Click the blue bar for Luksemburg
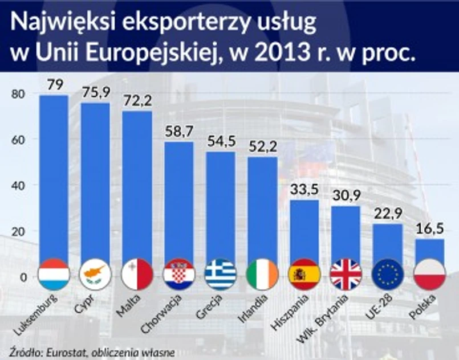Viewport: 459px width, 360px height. (x=54, y=177)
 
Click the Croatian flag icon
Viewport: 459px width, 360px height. (x=179, y=275)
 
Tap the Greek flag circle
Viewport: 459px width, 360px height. (x=221, y=275)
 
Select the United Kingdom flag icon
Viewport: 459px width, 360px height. (x=346, y=275)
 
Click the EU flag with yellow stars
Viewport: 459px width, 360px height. (x=388, y=275)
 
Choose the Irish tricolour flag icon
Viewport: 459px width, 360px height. (x=262, y=275)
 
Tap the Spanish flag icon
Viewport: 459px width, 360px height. (x=304, y=275)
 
